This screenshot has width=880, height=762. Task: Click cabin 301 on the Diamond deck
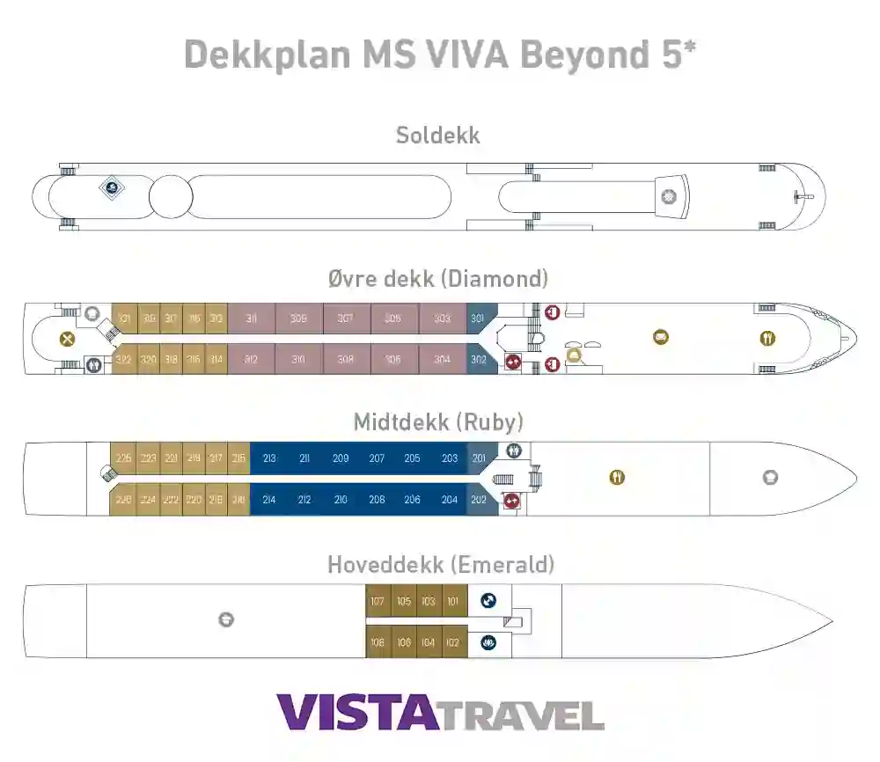(x=478, y=319)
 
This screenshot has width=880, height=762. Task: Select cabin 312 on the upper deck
(x=251, y=359)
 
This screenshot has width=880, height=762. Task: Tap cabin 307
(x=346, y=319)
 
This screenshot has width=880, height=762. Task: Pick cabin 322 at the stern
(x=124, y=359)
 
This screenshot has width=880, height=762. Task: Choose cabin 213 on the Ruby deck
(x=269, y=458)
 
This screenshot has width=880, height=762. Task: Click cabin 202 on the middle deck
(x=479, y=500)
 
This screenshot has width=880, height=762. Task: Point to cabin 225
(x=124, y=458)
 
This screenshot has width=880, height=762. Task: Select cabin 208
(x=377, y=500)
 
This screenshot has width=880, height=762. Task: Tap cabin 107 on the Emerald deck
(x=378, y=602)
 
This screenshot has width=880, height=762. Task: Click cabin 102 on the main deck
(x=453, y=642)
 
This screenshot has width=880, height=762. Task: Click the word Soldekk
(x=437, y=136)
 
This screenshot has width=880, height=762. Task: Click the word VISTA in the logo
(x=356, y=713)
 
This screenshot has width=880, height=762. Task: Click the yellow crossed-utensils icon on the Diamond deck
(x=67, y=339)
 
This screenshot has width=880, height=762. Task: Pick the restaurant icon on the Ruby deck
(x=618, y=478)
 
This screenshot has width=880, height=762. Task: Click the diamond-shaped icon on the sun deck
(x=111, y=187)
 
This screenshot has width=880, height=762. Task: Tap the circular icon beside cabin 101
(x=488, y=602)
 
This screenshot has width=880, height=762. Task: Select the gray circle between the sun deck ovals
(x=171, y=196)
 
